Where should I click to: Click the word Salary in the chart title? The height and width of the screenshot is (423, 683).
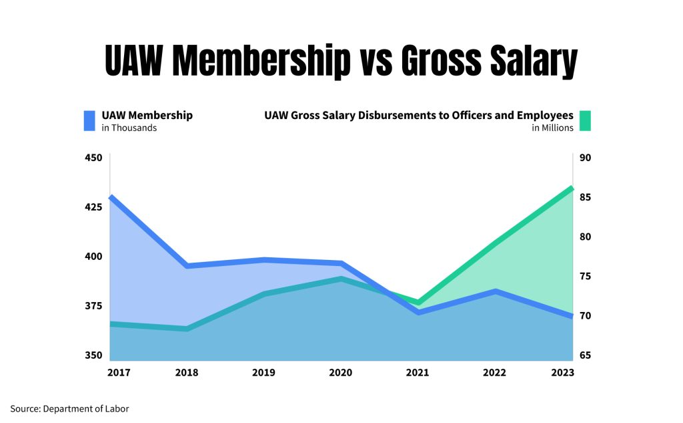click(x=523, y=62)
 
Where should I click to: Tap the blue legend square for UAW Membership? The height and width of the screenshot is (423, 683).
click(x=89, y=120)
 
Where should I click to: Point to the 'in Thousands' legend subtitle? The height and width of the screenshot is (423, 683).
click(x=129, y=128)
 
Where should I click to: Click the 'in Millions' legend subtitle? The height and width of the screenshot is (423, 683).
click(x=552, y=128)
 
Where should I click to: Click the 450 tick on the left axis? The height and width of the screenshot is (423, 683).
click(x=93, y=158)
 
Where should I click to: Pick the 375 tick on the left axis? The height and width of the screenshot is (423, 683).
click(x=93, y=306)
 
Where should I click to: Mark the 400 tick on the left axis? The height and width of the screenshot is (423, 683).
click(x=93, y=257)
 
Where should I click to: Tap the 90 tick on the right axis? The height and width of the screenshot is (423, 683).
click(x=585, y=158)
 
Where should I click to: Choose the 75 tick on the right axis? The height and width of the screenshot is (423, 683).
click(x=585, y=276)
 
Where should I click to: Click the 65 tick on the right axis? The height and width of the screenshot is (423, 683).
click(x=585, y=356)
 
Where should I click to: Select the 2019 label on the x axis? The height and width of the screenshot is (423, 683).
click(x=264, y=372)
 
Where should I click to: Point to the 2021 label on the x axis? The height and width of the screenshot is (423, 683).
click(x=418, y=372)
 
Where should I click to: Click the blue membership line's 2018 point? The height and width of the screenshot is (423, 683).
click(x=187, y=266)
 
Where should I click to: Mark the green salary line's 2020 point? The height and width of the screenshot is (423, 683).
click(x=341, y=279)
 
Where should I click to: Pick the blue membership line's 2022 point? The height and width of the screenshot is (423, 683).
click(x=495, y=291)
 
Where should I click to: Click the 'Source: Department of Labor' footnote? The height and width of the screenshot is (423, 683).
click(x=69, y=408)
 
